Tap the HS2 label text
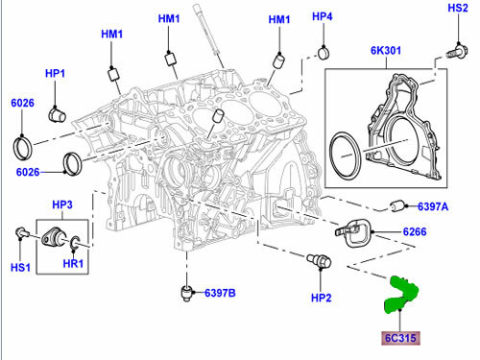point(458,9)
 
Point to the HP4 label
point(323,16)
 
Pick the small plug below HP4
point(324,51)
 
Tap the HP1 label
point(54,74)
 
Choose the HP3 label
point(62,204)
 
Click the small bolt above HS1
point(21,231)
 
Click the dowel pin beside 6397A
point(397,204)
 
